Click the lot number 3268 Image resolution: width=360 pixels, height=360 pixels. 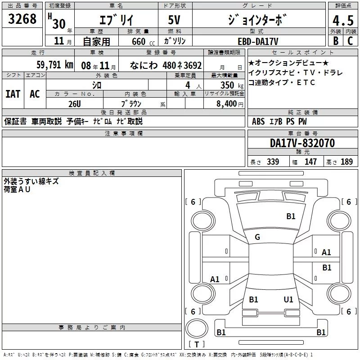pos(22,19)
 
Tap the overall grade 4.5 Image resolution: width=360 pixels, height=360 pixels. pos(343,20)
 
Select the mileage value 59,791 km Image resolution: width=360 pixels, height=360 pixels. pos(55,65)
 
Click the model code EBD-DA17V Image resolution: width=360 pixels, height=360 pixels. pos(258,41)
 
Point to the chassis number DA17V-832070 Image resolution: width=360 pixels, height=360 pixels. pos(302,143)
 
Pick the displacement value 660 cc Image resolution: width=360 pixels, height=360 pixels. pos(143,42)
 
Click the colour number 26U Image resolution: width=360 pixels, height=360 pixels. pos(75,104)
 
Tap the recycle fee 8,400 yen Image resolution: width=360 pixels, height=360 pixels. pos(230,104)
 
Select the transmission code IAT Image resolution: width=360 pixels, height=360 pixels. pos(13,94)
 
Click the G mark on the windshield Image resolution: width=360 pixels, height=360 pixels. pos(257,237)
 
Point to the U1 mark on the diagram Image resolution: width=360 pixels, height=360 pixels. pos(288,299)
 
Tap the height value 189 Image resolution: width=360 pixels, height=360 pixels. pos(346,162)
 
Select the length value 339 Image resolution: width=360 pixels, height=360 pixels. pos(273,162)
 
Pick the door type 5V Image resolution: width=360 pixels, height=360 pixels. pos(174,20)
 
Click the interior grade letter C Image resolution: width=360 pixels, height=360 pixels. pos(350,41)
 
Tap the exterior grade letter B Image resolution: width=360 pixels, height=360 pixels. pos(336,41)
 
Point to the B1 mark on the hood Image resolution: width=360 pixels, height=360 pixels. pos(291,216)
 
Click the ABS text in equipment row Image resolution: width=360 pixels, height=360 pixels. pos(258,121)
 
